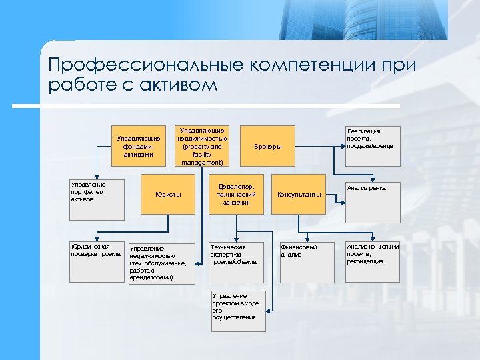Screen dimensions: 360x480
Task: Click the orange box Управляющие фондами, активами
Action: tap(138, 146)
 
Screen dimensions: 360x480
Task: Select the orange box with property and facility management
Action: tap(202, 146)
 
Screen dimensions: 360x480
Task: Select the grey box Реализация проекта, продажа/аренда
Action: tap(372, 146)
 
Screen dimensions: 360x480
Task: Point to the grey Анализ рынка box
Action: tap(372, 199)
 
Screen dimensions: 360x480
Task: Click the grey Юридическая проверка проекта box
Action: tap(97, 261)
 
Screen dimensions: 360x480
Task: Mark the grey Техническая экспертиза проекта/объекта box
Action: tap(237, 261)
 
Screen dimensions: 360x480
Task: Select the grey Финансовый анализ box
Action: tap(305, 261)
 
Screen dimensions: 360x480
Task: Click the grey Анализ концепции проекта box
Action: tap(372, 261)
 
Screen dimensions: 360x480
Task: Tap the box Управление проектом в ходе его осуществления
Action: tap(237, 310)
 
